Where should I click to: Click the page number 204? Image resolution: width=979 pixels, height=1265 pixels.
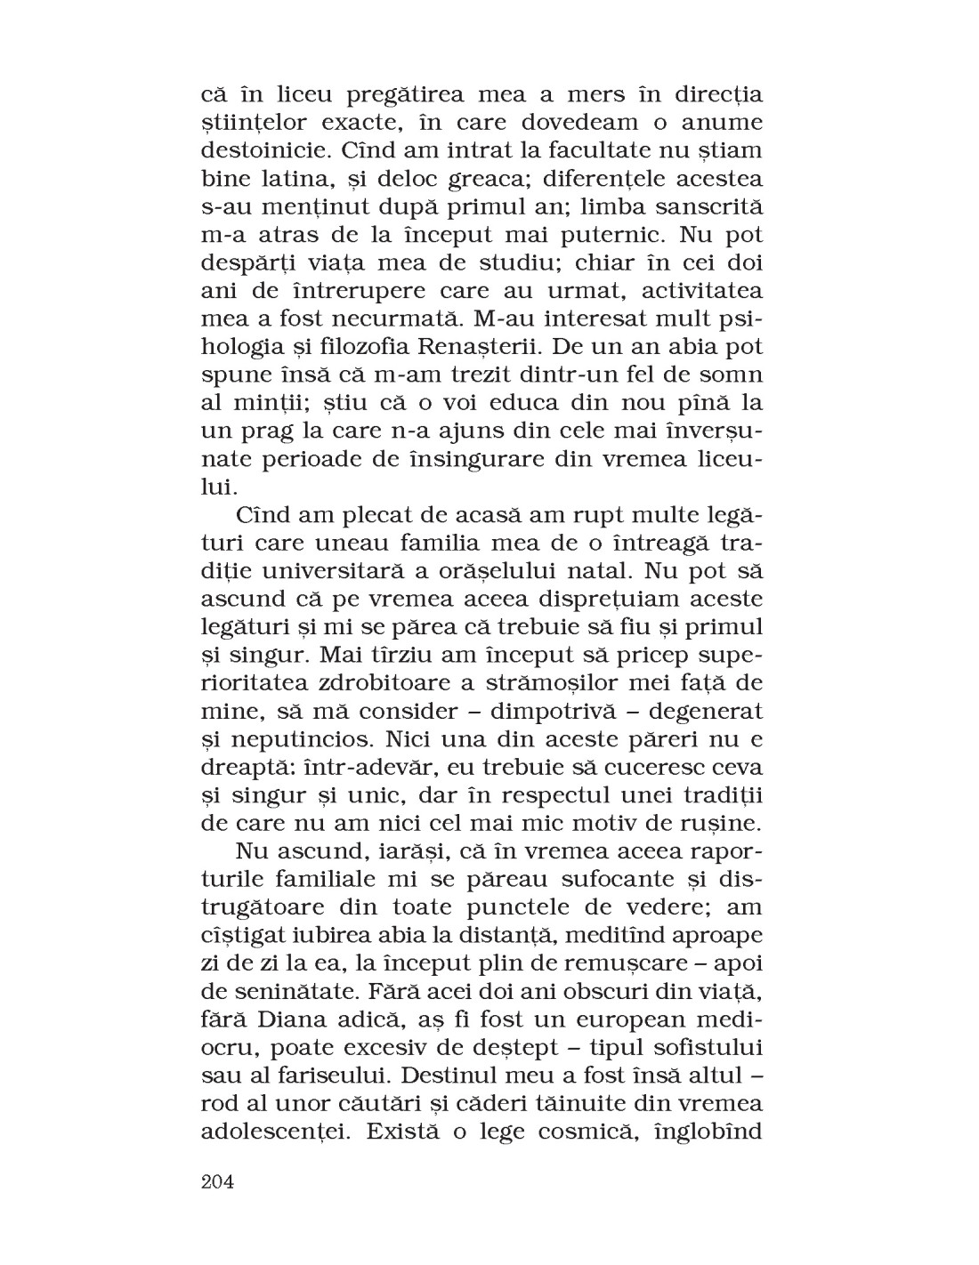click(x=217, y=1181)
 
